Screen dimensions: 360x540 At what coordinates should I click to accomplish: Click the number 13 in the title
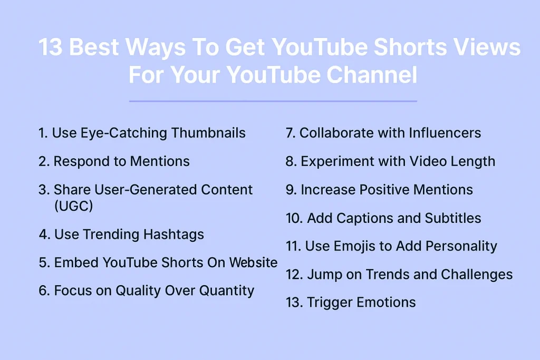point(50,48)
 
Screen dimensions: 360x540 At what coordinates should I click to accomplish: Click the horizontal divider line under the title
point(273,101)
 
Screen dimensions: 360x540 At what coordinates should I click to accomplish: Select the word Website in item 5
point(251,262)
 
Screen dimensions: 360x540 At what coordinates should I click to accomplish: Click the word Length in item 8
point(471,161)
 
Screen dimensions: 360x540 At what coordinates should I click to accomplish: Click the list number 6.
point(43,290)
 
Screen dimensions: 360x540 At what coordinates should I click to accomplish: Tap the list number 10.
point(294,218)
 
